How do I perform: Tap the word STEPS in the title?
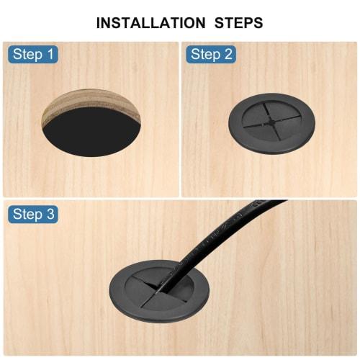tap(237, 22)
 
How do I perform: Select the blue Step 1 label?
tap(33, 54)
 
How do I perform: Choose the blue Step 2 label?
tap(212, 54)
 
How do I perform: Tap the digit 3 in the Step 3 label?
tap(50, 214)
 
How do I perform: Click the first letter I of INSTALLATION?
tap(99, 22)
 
